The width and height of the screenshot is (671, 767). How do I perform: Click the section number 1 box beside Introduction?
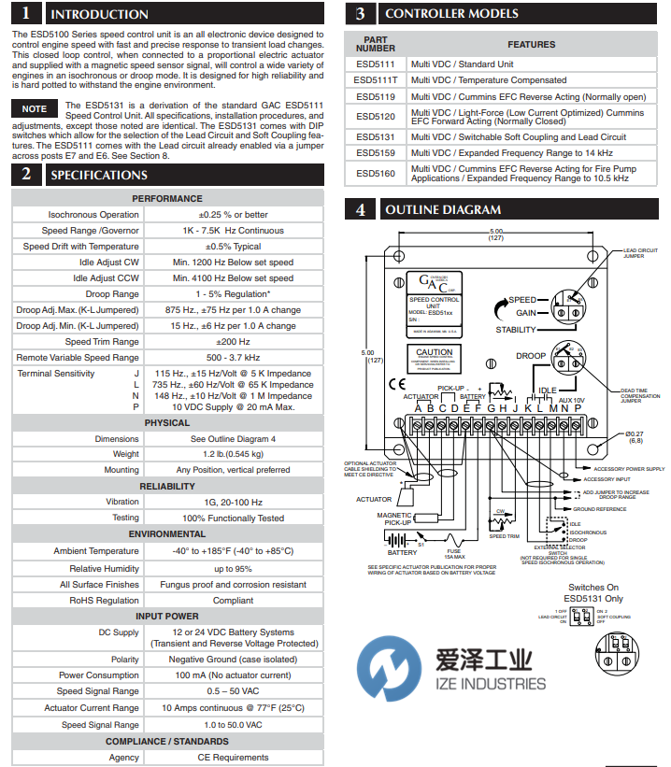click(25, 13)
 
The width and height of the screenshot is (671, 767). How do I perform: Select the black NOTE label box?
click(35, 109)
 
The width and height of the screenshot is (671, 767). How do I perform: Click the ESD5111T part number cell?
click(376, 81)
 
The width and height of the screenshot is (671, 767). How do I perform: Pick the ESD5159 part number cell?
click(376, 152)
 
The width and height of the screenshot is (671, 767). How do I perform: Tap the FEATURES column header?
click(531, 45)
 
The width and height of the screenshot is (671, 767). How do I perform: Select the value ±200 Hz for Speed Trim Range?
click(233, 341)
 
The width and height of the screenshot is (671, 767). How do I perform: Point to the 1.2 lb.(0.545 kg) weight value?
click(233, 454)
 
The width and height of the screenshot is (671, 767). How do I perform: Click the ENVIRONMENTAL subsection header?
click(167, 534)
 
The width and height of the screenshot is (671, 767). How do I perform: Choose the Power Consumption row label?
click(99, 675)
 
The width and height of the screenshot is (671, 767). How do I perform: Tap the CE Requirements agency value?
click(233, 757)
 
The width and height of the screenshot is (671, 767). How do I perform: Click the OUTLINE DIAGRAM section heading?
click(443, 210)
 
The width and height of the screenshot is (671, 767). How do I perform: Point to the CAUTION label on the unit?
click(434, 353)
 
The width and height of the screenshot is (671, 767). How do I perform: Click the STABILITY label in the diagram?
click(516, 330)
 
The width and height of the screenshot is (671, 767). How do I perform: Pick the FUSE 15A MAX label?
click(451, 554)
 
